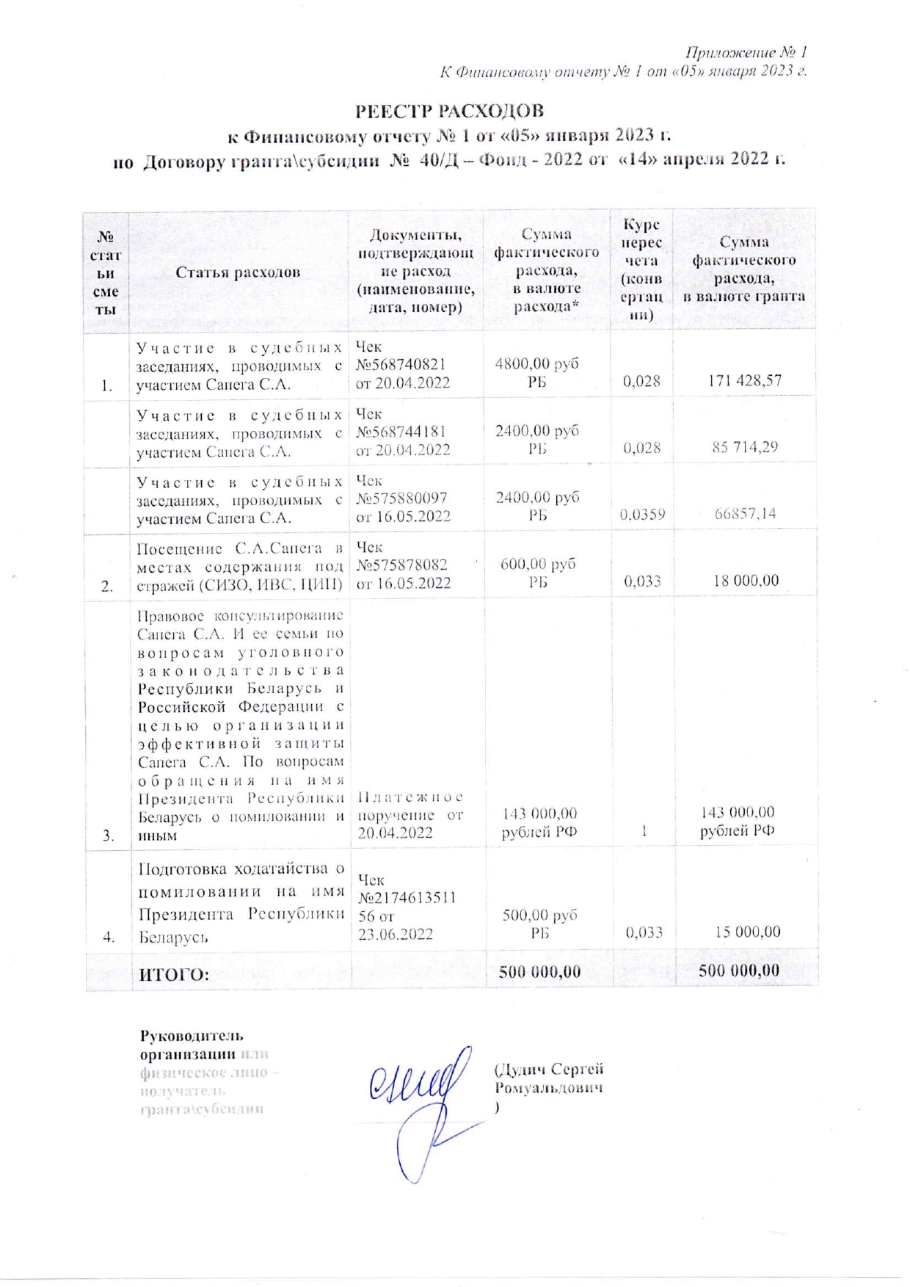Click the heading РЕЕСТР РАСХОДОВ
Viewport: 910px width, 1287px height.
449,112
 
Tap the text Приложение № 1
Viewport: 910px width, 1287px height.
746,53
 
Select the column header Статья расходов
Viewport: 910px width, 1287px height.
238,272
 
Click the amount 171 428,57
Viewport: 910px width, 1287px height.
744,380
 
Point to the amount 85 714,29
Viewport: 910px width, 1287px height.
744,447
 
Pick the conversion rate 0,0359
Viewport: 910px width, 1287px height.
642,515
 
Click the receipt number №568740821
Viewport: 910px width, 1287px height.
401,365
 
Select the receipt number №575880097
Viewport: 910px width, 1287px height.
401,499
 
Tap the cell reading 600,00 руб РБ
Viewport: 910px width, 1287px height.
538,573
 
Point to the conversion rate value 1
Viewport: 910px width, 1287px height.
644,831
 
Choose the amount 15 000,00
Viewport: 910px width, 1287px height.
747,932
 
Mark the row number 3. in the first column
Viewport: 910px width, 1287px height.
109,835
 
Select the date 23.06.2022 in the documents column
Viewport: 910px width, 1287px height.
395,935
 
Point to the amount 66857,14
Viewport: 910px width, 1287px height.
745,513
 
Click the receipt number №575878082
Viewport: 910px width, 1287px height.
401,565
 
